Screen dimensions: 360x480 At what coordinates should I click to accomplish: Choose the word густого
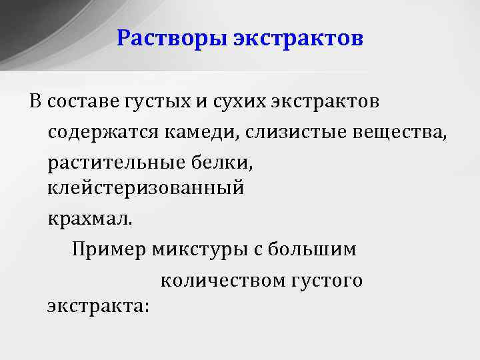[327, 281]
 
